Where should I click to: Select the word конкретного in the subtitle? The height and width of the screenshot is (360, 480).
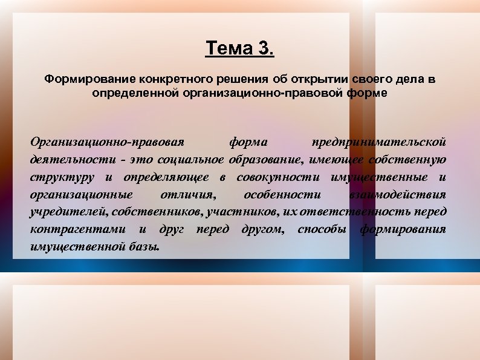click(x=176, y=79)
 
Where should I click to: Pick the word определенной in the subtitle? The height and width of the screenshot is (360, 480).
click(x=128, y=93)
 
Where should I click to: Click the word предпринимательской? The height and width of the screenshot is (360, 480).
click(x=378, y=142)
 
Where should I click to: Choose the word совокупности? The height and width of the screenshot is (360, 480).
click(x=279, y=177)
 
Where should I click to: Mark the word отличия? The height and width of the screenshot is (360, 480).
click(x=187, y=195)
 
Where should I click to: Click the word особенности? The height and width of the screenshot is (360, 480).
click(x=282, y=195)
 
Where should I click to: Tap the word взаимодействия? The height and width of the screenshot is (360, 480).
click(x=397, y=195)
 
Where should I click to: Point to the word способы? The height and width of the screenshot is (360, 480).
click(x=322, y=230)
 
